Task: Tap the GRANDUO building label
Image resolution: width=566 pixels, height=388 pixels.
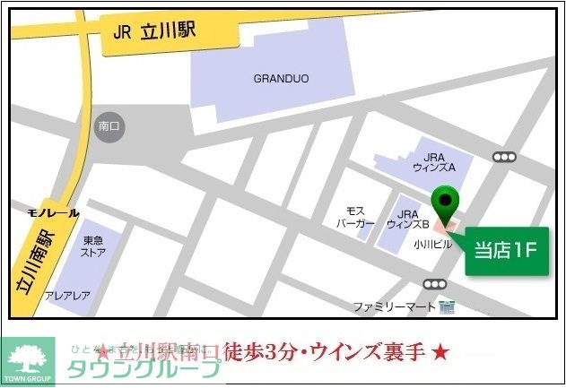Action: click(281, 79)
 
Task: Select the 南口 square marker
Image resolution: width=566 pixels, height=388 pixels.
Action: click(109, 127)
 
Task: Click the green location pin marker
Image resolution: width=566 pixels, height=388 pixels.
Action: click(444, 205)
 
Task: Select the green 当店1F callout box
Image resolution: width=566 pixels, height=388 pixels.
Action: click(505, 250)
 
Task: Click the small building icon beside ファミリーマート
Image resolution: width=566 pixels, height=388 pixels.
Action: click(448, 307)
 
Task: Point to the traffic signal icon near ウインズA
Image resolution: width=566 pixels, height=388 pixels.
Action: click(505, 157)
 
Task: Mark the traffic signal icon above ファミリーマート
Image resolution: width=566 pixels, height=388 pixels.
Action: click(435, 284)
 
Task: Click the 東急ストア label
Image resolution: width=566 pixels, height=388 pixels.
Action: click(94, 246)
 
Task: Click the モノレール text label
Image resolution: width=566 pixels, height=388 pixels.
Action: click(53, 213)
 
